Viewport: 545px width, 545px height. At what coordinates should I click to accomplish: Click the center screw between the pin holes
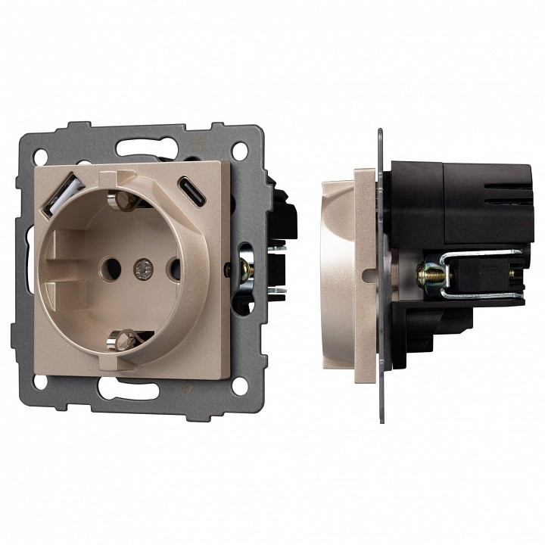(140, 266)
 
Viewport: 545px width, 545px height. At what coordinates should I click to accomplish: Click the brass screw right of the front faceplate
(246, 266)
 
